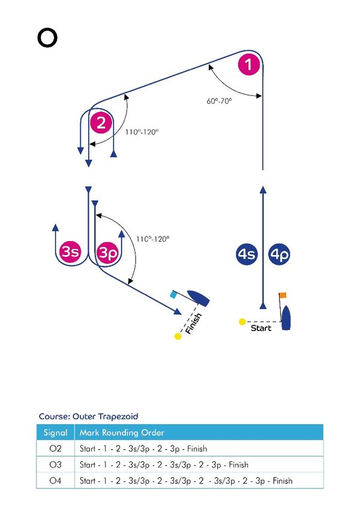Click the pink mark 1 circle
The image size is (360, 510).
coord(249,64)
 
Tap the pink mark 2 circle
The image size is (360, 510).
coord(101,123)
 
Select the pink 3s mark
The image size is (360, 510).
coord(70,251)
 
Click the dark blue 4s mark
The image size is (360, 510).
coord(247,254)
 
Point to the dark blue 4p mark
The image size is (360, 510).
coord(280,254)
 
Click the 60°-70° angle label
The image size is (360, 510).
coord(219,101)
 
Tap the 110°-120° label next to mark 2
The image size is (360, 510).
coord(142,132)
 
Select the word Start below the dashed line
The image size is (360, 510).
coord(261,328)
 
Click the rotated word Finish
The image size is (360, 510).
coord(193,323)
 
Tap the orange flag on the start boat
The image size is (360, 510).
coord(283,295)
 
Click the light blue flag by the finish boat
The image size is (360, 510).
coord(173,295)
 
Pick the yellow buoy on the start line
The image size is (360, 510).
coord(242,322)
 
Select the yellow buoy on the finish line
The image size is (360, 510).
coord(178,336)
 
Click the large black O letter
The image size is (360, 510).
coord(47,38)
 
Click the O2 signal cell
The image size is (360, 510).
coord(55,449)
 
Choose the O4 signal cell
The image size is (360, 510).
coord(55,481)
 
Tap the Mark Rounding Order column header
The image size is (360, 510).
coord(122,433)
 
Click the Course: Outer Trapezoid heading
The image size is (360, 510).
coord(88,416)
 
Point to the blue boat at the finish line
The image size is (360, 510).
coord(198,298)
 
